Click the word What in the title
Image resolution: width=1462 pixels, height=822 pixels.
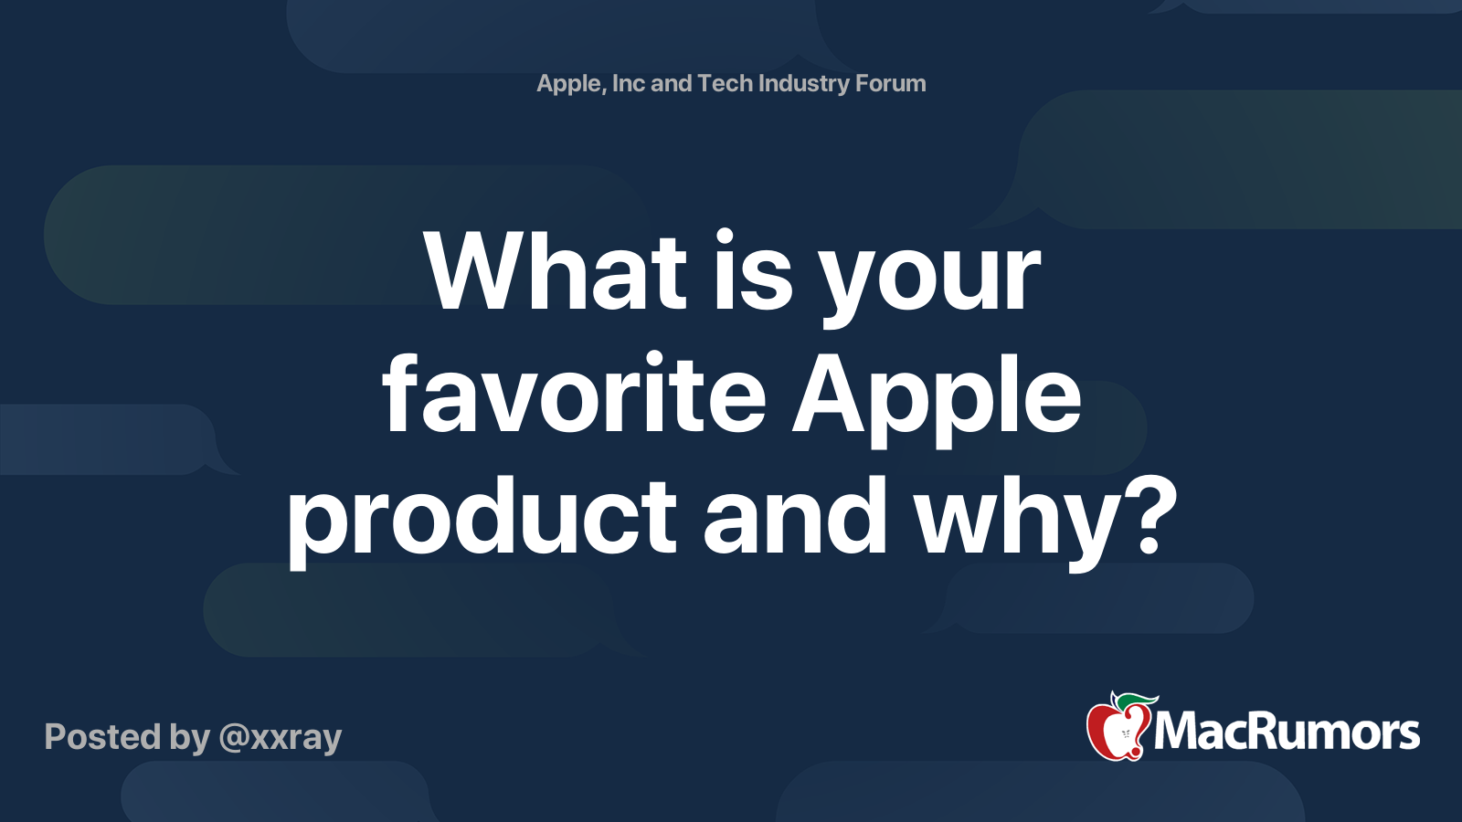[x=556, y=272]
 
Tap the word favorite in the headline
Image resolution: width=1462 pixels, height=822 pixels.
[x=574, y=395]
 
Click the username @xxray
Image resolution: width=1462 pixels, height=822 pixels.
[x=281, y=737]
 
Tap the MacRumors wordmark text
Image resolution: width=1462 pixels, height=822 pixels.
[x=1287, y=732]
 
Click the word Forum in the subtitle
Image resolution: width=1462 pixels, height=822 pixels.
[x=890, y=83]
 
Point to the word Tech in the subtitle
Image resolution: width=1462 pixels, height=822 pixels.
[x=725, y=83]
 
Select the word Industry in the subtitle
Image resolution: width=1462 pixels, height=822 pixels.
[x=804, y=84]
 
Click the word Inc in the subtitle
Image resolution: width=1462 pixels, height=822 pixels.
[x=628, y=83]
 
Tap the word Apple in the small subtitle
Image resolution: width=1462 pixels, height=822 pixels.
[x=570, y=84]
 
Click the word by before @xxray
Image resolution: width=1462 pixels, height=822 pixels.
[x=190, y=738]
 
